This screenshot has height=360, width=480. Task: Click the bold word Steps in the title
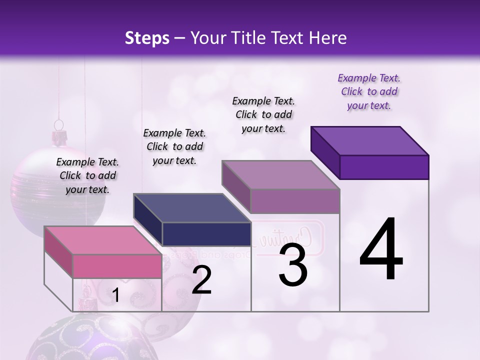147,38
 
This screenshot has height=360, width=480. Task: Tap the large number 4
381,250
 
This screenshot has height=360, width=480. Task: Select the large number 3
293,265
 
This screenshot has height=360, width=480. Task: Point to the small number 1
115,295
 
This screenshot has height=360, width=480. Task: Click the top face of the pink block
102,240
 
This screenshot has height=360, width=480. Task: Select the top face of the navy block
192,207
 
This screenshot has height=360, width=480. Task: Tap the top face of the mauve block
281,175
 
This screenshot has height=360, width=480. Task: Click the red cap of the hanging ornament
60,135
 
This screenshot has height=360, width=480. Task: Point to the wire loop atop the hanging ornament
59,124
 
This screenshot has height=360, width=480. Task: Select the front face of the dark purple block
384,167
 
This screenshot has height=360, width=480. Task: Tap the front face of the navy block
206,234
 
